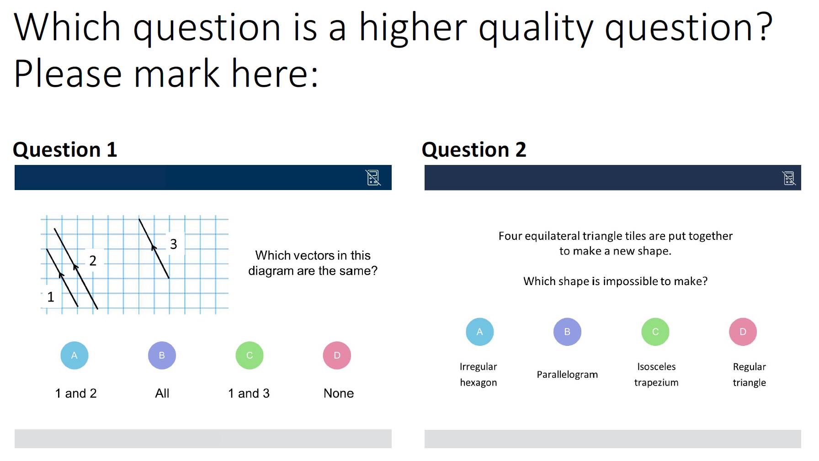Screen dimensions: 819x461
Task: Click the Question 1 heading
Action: (65, 150)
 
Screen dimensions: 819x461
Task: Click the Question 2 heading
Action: (474, 150)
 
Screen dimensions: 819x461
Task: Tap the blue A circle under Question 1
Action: (74, 355)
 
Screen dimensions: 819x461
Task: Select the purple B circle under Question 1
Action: (162, 355)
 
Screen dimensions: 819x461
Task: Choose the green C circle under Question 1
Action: (250, 355)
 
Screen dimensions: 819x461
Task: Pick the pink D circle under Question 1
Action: (337, 355)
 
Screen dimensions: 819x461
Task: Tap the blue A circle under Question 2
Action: (480, 332)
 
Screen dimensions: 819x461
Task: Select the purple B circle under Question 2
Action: (567, 332)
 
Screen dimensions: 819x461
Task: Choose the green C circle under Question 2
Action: (655, 332)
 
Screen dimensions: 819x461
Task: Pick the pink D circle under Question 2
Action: (743, 332)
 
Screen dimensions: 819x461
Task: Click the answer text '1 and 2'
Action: (76, 393)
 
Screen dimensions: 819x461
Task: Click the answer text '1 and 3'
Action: (249, 393)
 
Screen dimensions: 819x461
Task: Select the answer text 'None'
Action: (339, 393)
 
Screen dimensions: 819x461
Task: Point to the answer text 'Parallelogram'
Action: (567, 375)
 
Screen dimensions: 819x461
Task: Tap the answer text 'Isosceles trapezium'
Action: (656, 375)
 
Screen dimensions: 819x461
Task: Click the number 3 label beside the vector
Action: (174, 244)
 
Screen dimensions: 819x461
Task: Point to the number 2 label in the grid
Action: (93, 260)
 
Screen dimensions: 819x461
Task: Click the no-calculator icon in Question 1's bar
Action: (373, 177)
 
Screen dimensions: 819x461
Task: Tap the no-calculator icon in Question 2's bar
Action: (789, 178)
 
